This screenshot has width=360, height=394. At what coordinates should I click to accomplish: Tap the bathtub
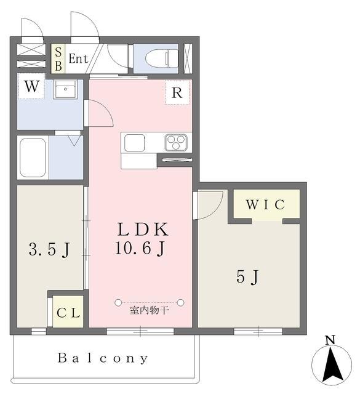(33, 158)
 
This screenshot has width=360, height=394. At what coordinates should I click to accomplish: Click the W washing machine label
(33, 86)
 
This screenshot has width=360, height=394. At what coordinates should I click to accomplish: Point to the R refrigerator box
(177, 94)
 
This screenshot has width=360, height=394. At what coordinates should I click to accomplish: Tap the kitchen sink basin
(134, 142)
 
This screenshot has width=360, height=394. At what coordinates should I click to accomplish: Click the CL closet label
(68, 312)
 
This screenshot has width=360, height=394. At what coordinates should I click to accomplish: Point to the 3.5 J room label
(49, 249)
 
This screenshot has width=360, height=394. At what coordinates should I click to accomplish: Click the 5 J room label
(247, 277)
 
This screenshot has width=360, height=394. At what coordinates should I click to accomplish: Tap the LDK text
(143, 230)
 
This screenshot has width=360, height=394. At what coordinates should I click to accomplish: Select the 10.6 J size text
(142, 249)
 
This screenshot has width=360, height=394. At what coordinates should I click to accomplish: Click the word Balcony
(103, 358)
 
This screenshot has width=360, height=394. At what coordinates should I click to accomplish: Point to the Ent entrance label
(78, 59)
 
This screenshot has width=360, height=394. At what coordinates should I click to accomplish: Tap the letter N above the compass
(330, 339)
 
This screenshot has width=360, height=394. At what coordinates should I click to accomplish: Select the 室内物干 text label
(149, 311)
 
